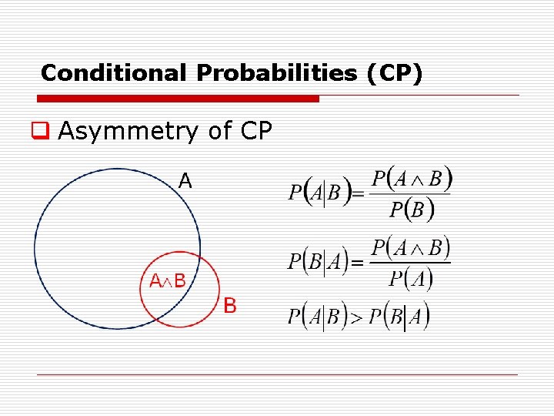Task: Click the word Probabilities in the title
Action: (277, 73)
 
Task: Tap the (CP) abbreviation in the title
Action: (395, 73)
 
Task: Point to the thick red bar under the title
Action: (178, 99)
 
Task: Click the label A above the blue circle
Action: (185, 181)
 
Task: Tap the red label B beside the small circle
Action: (230, 307)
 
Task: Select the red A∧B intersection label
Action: (167, 281)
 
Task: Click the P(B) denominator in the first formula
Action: (412, 209)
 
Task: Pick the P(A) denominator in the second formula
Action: (410, 278)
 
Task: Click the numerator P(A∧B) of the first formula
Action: (412, 179)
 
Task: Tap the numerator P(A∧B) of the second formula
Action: (409, 249)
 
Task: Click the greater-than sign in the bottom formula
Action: (356, 317)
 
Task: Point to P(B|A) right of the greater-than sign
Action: (399, 317)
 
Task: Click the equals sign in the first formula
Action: (358, 196)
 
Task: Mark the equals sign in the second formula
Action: (357, 264)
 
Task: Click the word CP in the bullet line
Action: (255, 132)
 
